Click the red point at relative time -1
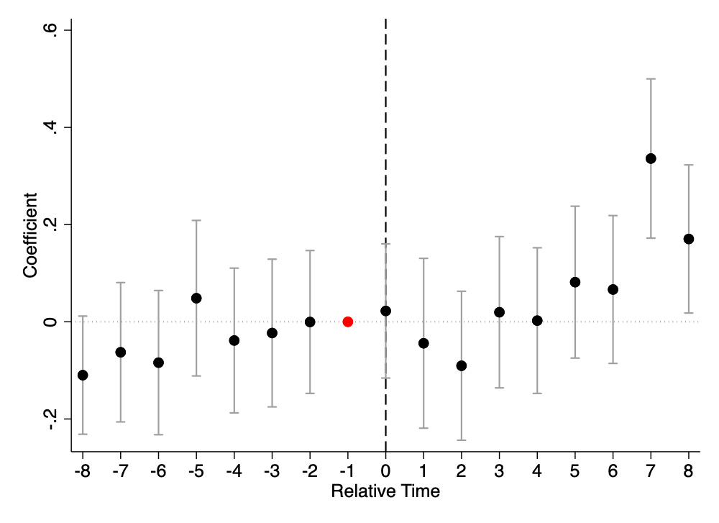347,322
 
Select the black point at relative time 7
651,158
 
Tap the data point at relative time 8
688,239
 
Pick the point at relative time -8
83,375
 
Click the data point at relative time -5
196,299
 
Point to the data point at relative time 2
462,365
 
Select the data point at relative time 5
575,282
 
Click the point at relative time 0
385,311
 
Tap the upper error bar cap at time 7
651,79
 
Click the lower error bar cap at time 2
462,440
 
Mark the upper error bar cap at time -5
196,220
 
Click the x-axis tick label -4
234,471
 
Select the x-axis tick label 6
613,471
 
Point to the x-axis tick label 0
385,471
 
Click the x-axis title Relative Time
385,491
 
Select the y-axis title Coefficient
29,235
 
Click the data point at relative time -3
272,332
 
